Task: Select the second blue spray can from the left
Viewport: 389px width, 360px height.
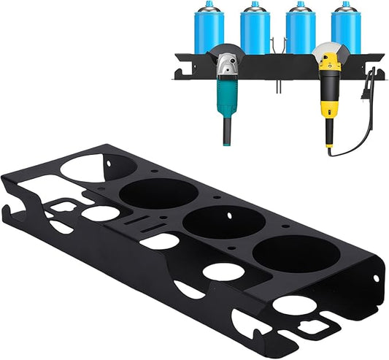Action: pos(255,31)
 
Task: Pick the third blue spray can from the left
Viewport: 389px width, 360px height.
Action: pos(300,31)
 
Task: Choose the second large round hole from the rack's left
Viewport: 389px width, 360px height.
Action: pos(158,194)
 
